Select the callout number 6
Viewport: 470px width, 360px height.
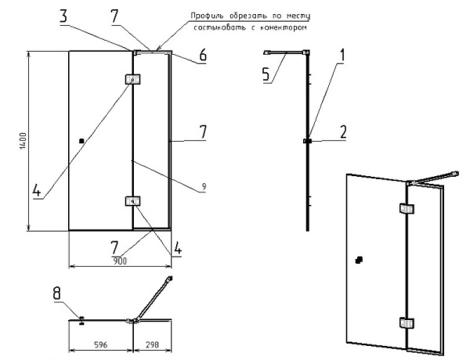[202, 57]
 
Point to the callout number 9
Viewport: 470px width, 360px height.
[202, 186]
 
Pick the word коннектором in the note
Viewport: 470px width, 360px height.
[278, 28]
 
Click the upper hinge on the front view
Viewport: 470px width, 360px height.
[132, 78]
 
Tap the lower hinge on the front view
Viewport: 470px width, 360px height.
[132, 201]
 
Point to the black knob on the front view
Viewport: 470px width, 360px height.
[81, 141]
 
